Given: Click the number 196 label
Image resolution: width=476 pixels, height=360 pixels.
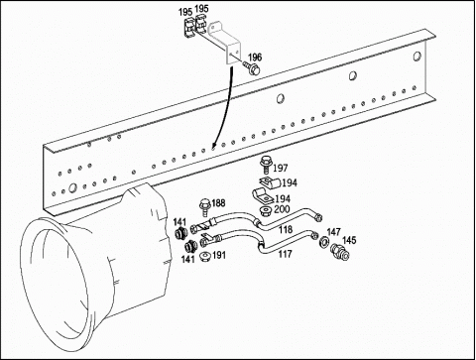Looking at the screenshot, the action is (255, 58).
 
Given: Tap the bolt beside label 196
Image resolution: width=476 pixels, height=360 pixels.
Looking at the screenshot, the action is (252, 67).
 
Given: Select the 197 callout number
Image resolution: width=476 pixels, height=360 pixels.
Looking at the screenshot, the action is (281, 168).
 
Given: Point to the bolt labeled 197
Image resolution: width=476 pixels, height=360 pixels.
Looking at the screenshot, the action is (266, 165).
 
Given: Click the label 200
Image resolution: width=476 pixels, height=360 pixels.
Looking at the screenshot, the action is (282, 209).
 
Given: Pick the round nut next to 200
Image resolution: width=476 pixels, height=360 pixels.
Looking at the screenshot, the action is (265, 211).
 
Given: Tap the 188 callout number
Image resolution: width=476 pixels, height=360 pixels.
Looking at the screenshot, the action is (218, 202).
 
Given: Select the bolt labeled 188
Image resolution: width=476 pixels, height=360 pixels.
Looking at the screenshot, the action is (204, 207).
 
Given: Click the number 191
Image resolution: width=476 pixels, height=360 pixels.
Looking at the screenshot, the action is (219, 255).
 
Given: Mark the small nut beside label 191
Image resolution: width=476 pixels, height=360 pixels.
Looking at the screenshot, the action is (206, 257).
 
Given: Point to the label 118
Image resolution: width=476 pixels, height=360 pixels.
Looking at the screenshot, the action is (286, 229).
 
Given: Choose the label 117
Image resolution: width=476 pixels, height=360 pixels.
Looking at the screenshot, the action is (285, 254).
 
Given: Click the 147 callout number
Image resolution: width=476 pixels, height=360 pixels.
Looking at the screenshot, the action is (334, 232).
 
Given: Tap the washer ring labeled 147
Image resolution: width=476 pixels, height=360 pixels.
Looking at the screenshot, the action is (323, 242).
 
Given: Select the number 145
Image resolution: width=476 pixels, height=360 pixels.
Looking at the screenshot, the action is (349, 240).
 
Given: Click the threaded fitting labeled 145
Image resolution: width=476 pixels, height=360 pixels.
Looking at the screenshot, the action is (340, 252).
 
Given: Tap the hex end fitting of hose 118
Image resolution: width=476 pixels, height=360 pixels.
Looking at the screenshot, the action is (318, 217).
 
